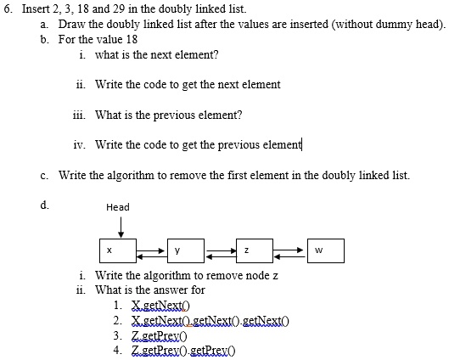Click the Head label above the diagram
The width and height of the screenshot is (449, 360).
click(x=118, y=207)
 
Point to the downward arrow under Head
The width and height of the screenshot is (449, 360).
click(x=121, y=227)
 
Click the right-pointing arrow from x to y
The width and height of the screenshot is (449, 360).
click(x=151, y=250)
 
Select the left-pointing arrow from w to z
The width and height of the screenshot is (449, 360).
click(x=289, y=257)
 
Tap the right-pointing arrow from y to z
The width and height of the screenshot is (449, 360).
click(x=221, y=250)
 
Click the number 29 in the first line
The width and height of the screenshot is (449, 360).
click(x=119, y=8)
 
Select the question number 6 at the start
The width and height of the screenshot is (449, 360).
click(x=8, y=8)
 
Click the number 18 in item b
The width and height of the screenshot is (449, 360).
click(x=132, y=39)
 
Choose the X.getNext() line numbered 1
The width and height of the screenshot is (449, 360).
click(x=160, y=306)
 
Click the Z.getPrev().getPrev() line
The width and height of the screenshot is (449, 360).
click(x=183, y=351)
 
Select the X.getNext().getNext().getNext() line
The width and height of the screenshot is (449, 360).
click(x=210, y=321)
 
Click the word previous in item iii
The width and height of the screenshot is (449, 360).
click(x=174, y=115)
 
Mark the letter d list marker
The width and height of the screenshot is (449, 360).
click(x=45, y=205)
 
